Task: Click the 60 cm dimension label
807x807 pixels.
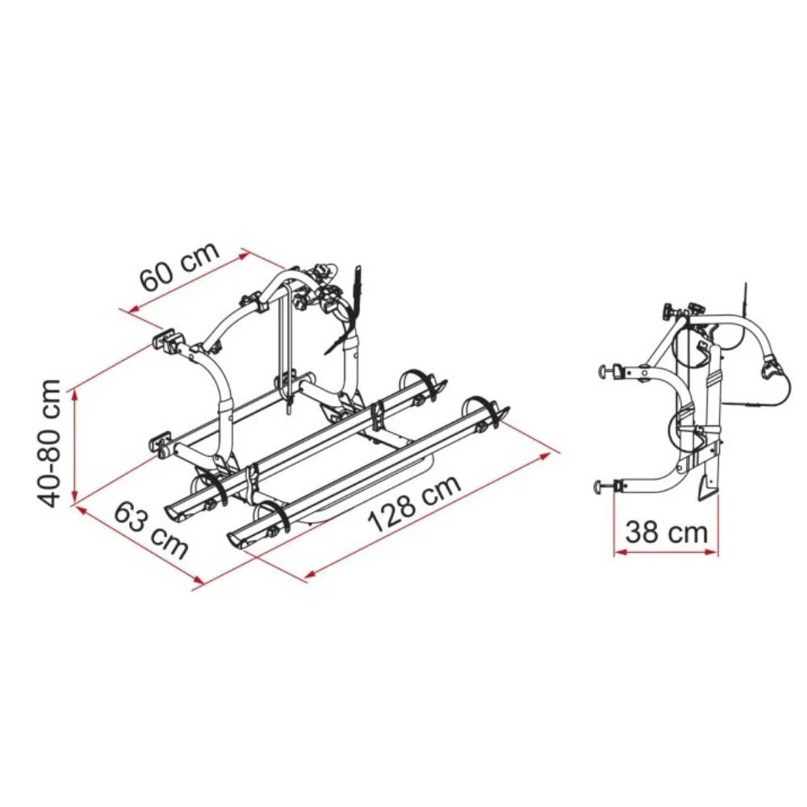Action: pos(179,266)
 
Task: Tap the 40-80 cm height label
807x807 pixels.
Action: pos(49,443)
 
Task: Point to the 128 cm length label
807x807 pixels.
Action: pos(414,504)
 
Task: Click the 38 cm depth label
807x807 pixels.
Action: pos(666,532)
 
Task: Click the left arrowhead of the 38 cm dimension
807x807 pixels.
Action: pos(620,552)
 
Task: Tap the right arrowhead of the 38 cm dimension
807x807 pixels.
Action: pos(711,552)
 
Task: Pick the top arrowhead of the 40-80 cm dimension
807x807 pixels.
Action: pos(76,395)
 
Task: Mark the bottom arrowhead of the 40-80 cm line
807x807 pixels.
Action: pos(76,495)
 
